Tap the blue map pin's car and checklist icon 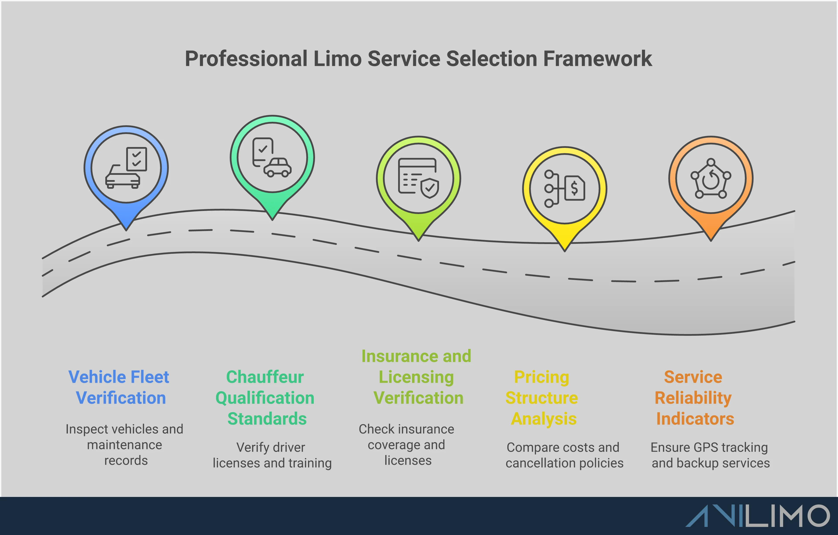tap(126, 168)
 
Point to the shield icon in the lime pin tap(430, 188)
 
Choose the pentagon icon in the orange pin tap(711, 179)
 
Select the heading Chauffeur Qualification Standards tap(265, 398)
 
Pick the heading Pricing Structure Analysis tap(542, 398)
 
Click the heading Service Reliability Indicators tap(694, 398)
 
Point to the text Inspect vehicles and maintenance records tap(125, 445)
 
